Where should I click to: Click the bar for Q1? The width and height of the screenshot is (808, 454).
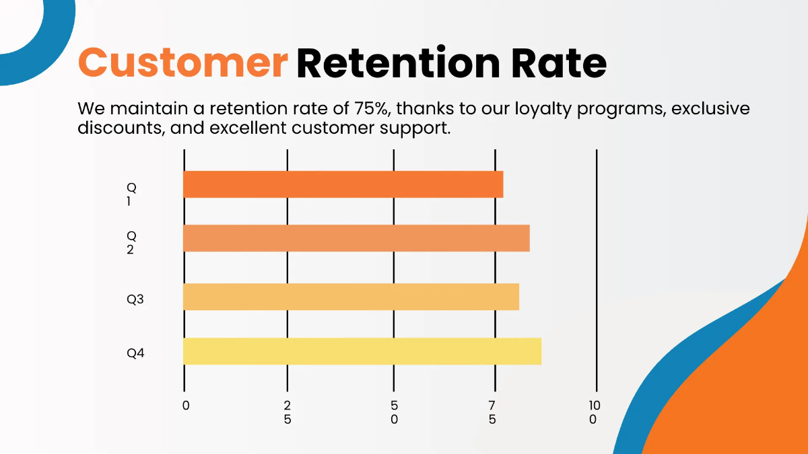pos(343,184)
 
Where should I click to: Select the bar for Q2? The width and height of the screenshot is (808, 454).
pos(356,238)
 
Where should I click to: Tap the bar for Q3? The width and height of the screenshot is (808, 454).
pos(351,297)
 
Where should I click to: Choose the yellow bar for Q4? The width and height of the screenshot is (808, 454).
pos(362,351)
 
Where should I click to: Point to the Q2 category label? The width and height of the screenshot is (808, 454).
pos(131,243)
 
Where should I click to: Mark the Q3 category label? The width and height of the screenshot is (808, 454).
pos(135,299)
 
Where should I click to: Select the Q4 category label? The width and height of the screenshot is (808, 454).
pos(135,353)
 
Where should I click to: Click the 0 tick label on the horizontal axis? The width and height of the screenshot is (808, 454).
pos(186,406)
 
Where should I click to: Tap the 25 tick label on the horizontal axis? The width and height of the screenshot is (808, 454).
pos(288,412)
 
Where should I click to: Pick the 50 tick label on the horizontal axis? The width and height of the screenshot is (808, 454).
pos(394,412)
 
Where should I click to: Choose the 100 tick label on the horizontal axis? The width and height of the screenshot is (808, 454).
pos(594,412)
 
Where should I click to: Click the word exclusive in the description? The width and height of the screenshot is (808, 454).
pos(710,108)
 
